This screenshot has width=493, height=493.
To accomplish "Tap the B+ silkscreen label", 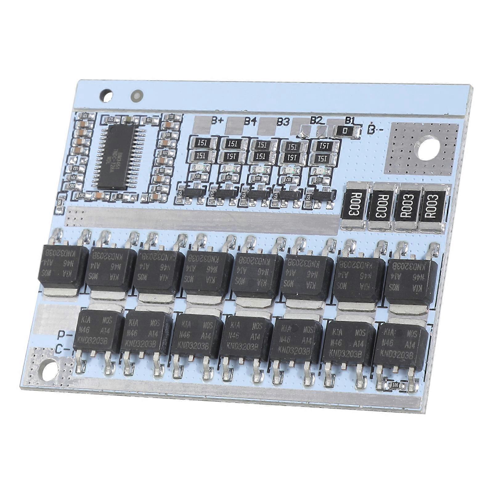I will click(x=217, y=120).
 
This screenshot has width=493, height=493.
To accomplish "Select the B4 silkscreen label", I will click(x=250, y=121).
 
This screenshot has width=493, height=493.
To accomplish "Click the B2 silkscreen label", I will click(x=316, y=120).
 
